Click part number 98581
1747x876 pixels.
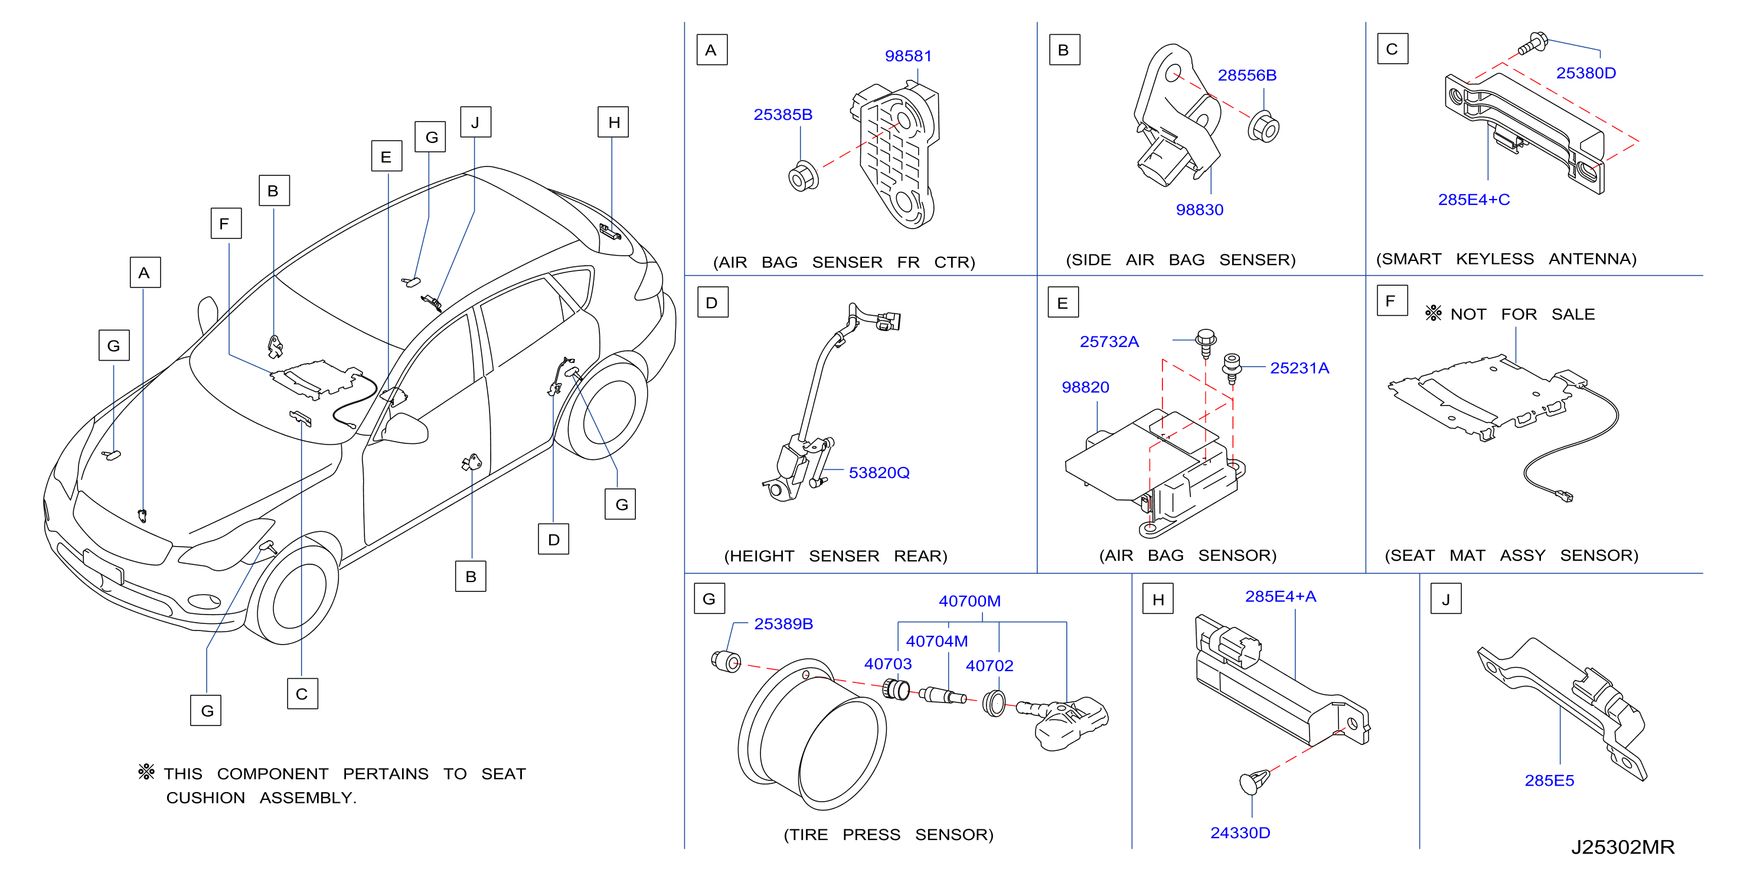point(908,56)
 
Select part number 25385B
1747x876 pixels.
point(783,115)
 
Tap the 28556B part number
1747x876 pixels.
point(1246,75)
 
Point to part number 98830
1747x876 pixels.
point(1199,210)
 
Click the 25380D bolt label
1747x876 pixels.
point(1586,73)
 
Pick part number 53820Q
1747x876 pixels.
point(879,473)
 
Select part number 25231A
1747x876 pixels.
point(1299,368)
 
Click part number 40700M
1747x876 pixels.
point(969,601)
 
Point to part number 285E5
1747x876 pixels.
point(1549,780)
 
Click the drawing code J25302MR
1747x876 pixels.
point(1623,847)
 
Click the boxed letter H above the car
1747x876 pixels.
point(613,122)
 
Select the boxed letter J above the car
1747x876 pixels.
point(475,122)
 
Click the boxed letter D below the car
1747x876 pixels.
point(553,539)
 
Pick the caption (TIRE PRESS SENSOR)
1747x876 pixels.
point(889,835)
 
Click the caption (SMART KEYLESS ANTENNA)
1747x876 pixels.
point(1506,259)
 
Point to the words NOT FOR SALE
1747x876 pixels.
point(1522,315)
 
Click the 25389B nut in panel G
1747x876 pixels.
point(726,661)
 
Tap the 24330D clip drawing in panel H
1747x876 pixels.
point(1255,782)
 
